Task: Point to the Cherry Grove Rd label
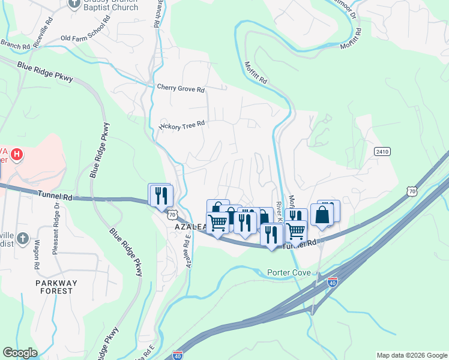click(181, 88)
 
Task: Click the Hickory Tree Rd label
click(182, 124)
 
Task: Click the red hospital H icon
click(17, 154)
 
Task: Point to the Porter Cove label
click(289, 273)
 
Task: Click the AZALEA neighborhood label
click(190, 228)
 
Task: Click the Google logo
click(20, 353)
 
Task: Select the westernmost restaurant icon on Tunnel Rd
click(161, 195)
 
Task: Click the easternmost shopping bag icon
click(322, 215)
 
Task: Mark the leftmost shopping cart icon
click(218, 222)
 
